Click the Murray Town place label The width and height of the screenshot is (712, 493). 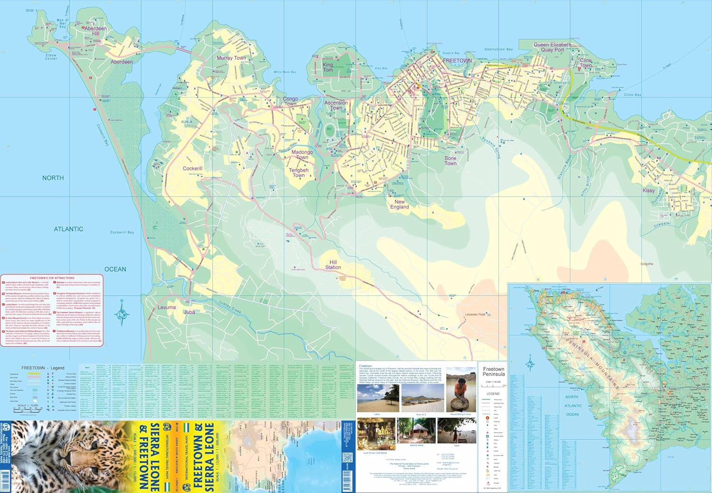[231, 58]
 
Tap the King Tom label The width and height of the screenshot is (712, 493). [328, 67]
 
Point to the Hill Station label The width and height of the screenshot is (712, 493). [333, 265]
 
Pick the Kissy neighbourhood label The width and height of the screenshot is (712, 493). [648, 190]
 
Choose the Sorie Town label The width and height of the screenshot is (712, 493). [450, 161]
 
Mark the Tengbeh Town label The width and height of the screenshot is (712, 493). [299, 172]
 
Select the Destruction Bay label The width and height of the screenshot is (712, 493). [498, 49]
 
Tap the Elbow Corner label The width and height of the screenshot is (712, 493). [51, 57]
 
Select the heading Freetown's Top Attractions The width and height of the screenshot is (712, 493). [52, 277]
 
